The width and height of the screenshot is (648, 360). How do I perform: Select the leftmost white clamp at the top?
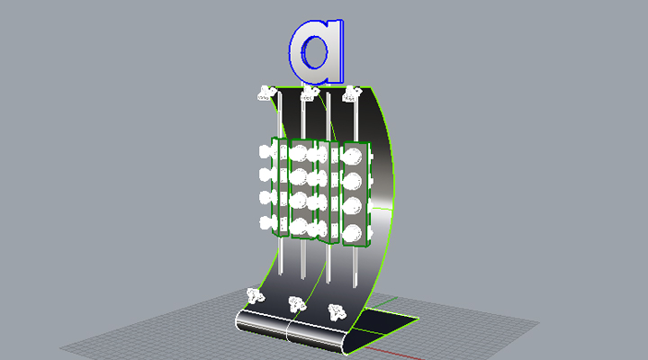[x=265, y=92]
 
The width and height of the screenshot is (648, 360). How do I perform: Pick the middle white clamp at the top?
[x=310, y=93]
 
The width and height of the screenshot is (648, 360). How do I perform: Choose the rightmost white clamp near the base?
[x=337, y=313]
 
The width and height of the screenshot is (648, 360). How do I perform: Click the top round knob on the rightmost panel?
[x=355, y=155]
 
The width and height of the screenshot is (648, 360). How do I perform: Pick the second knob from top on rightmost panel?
[x=355, y=180]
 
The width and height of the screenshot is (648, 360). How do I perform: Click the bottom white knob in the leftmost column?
[x=267, y=222]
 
